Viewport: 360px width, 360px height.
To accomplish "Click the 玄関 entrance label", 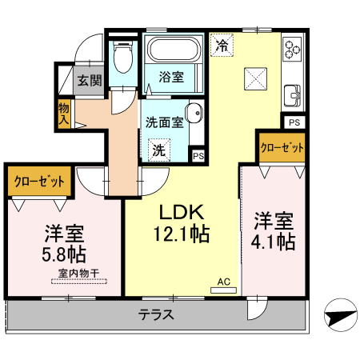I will pos(90,80).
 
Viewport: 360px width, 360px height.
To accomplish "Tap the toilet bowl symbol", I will pos(123,58).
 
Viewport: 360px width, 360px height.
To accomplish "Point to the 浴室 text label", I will pos(171,78).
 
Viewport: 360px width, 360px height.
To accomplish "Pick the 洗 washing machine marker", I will pos(159,149).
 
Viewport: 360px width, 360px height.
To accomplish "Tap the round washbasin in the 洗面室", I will pos(193,113).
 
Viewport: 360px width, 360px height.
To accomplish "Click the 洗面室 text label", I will pos(165,123).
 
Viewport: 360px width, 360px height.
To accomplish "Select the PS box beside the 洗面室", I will pos(197,155).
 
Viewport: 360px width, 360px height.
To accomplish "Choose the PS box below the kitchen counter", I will pos(294,122).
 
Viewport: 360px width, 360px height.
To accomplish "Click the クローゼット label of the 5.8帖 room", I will pos(38,181).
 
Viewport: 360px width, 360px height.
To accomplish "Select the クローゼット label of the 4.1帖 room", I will pos(282,148).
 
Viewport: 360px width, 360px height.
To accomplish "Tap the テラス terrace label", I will pos(156,314).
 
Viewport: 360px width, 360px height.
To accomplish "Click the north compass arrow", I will pos(342,314).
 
